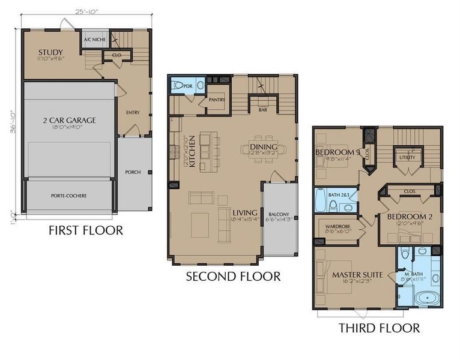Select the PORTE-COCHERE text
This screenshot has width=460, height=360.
[x=69, y=196]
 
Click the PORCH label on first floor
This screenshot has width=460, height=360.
[x=133, y=172]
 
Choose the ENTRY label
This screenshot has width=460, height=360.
[x=132, y=112]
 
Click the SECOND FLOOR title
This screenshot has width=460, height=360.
[x=233, y=277]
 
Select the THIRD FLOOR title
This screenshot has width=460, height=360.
[x=379, y=328]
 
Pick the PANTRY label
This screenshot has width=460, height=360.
[x=216, y=100]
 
